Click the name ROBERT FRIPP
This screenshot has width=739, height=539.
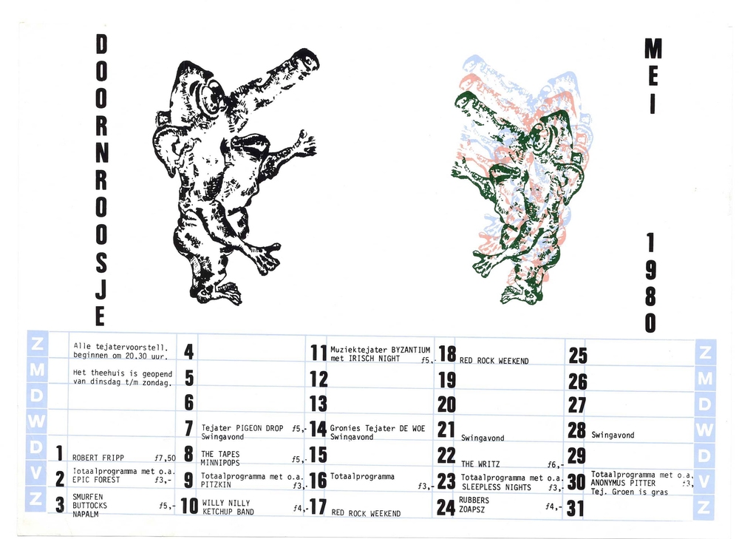click(98, 458)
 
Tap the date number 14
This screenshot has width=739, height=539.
click(318, 429)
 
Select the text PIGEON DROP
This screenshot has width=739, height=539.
click(259, 428)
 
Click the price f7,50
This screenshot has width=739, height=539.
click(165, 458)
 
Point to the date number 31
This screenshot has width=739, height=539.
click(575, 509)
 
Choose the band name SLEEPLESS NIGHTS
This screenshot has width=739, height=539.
click(497, 487)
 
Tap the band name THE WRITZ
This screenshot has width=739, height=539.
click(480, 464)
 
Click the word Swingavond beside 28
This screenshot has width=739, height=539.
click(613, 435)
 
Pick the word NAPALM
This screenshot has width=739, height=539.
click(85, 514)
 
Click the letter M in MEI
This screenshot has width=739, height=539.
click(653, 49)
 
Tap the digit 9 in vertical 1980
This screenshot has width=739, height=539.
click(650, 270)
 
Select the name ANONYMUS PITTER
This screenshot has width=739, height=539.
click(623, 483)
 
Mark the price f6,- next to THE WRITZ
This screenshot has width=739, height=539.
click(555, 464)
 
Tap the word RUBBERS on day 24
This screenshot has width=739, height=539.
click(474, 500)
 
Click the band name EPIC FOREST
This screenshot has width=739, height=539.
click(96, 480)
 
